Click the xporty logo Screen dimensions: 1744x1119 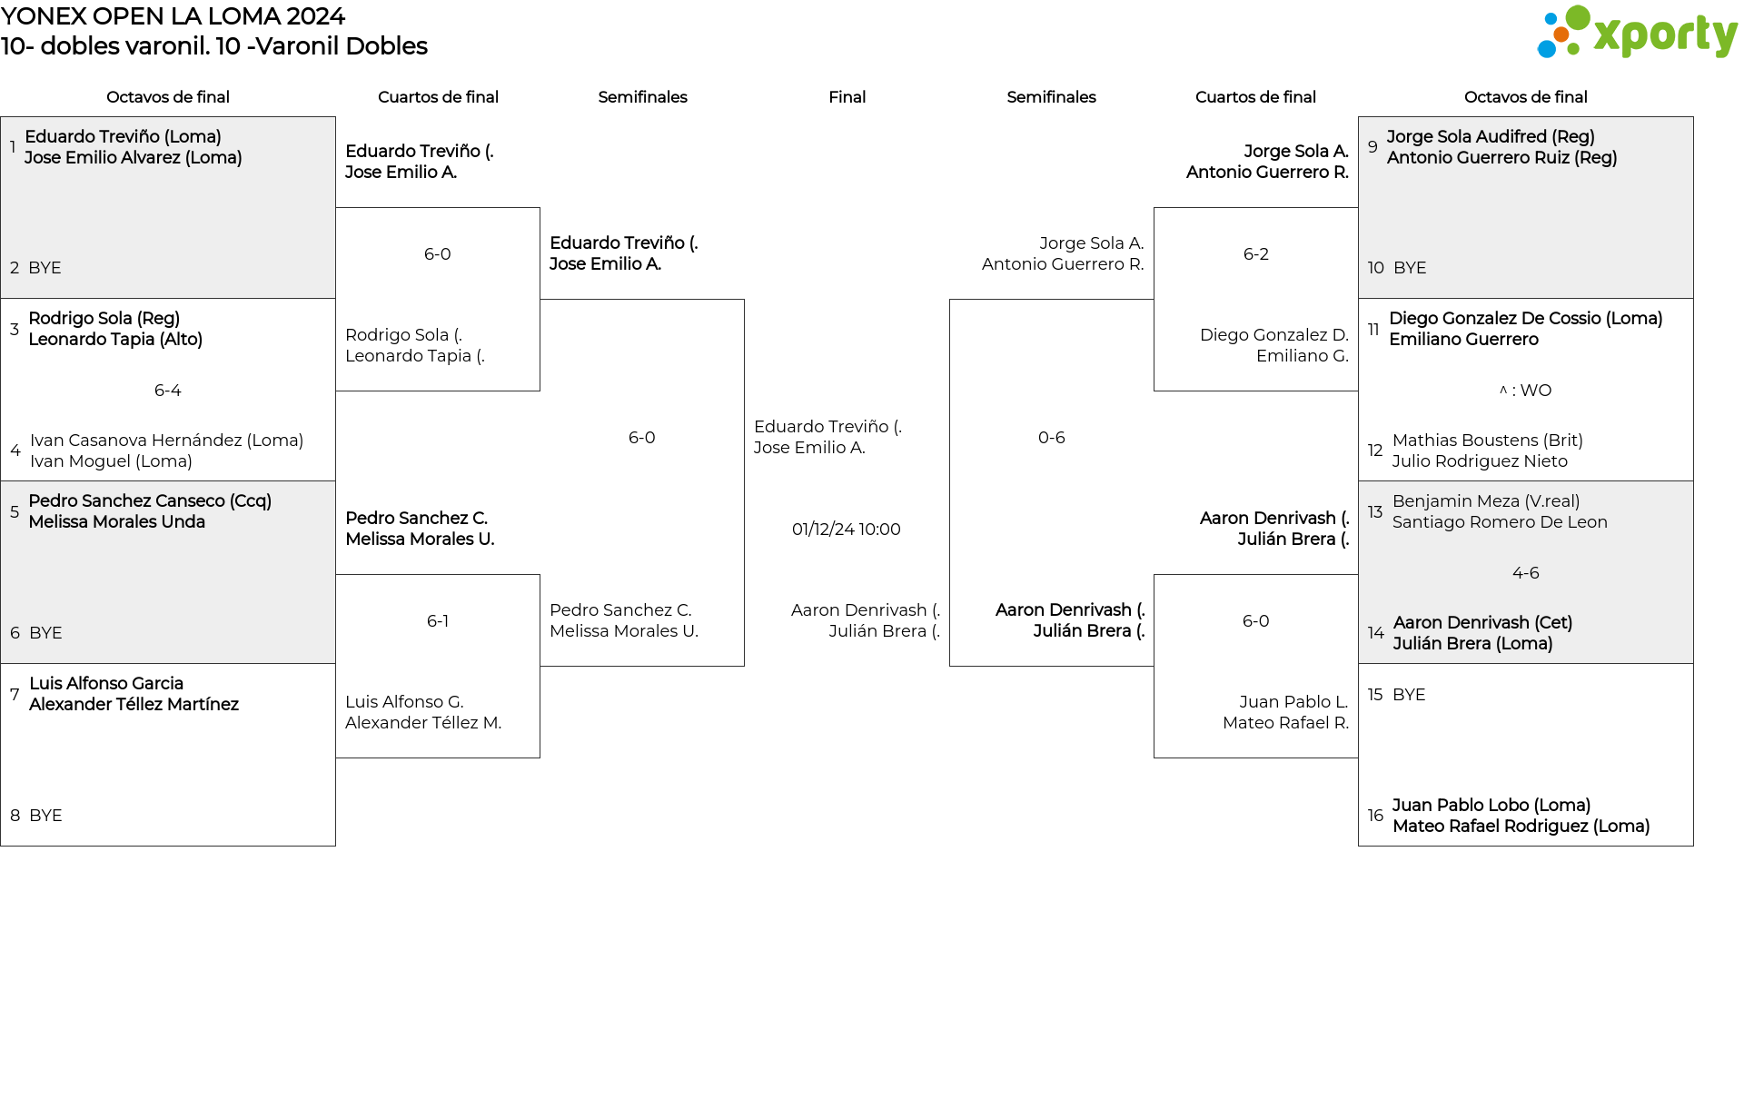1637,33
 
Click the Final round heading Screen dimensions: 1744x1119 847,97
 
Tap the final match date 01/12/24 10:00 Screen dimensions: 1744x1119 847,530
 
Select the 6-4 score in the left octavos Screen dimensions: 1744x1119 168,391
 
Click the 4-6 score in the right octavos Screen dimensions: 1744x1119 1526,573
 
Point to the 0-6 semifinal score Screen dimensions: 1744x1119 1052,438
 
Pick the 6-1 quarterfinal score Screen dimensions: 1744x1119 438,621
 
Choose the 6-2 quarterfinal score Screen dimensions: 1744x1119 1256,254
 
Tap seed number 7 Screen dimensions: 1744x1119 15,694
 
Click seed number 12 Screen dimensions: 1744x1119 1375,451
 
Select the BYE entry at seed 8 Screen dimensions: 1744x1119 45,816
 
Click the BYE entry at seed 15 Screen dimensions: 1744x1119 1409,695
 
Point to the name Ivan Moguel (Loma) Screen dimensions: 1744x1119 111,461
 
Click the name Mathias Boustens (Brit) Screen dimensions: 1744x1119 1488,441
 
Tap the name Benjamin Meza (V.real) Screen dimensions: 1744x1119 1486,501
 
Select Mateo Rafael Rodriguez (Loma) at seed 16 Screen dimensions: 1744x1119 1521,827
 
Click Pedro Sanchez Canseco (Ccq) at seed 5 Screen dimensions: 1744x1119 150,501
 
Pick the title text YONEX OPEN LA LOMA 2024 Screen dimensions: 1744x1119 173,16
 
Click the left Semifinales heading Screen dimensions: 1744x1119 642,97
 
